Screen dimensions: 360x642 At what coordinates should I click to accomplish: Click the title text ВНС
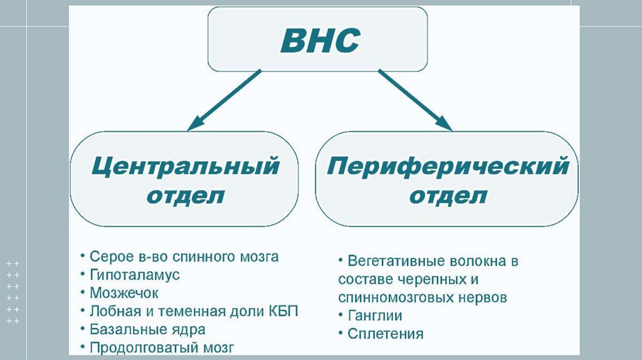point(319,42)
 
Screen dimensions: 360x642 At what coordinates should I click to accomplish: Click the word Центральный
point(185,167)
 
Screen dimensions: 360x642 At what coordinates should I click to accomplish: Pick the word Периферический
point(448,167)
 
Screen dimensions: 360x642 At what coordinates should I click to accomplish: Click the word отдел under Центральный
point(185,197)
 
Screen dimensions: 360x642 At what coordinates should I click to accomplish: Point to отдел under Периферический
point(448,197)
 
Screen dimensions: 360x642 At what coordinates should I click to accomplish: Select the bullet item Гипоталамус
point(135,275)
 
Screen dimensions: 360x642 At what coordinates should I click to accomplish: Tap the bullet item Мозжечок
point(124,293)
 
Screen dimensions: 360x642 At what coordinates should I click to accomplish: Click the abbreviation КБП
point(283,311)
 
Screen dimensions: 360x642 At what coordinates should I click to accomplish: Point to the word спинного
point(197,257)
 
